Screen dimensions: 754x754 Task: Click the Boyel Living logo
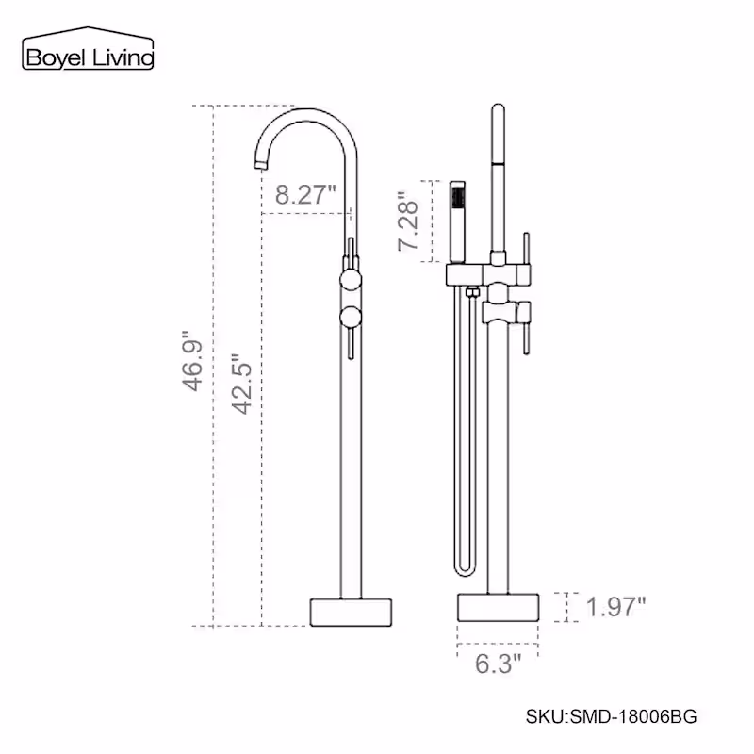88,49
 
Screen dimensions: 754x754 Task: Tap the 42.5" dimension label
242,385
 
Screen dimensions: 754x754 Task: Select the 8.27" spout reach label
305,195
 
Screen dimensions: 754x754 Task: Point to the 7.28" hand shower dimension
408,221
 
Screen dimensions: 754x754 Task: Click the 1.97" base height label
616,607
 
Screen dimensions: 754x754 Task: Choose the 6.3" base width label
499,664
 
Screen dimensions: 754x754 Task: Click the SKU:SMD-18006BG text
611,716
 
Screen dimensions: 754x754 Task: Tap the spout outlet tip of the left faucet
260,166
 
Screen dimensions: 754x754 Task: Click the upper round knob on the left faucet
351,280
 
